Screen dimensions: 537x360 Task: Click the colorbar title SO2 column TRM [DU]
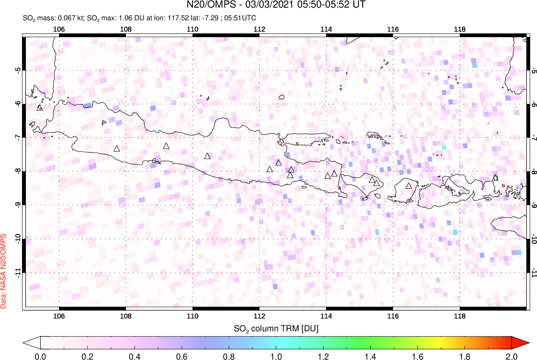click(277, 328)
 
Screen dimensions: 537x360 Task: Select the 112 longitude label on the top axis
click(259, 29)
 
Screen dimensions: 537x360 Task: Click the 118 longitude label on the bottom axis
click(460, 316)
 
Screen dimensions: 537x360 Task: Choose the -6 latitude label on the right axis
click(534, 104)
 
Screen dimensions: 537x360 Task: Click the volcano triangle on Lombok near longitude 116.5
click(409, 186)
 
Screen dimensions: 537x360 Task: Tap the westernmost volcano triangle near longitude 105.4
click(40, 108)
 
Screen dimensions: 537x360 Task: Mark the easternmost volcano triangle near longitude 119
click(495, 178)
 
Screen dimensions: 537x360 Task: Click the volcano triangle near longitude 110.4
click(207, 156)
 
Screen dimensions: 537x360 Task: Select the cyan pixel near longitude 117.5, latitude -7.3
click(444, 147)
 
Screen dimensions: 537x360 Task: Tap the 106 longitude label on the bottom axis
click(59, 316)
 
